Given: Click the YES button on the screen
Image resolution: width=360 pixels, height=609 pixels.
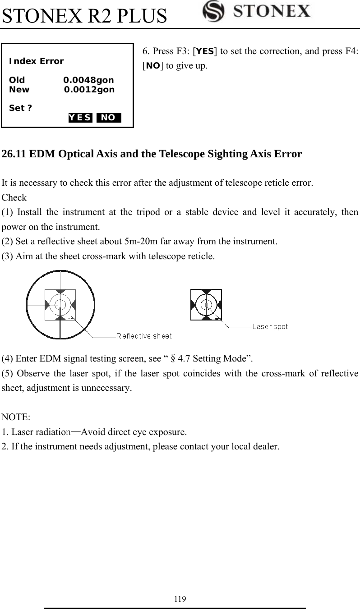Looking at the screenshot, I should [81, 118].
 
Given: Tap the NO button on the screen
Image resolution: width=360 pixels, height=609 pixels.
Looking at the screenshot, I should [108, 118].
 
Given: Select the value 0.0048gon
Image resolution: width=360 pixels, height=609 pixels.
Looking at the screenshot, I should [88, 81].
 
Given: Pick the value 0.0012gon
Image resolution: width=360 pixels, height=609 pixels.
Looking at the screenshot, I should [89, 90].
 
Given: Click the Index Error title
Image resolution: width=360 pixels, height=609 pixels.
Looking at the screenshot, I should [36, 61].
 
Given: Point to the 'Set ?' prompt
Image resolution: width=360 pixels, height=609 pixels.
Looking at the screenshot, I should [20, 108].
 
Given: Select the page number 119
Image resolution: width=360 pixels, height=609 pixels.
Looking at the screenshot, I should [180, 599].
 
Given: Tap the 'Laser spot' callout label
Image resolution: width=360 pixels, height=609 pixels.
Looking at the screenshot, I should [270, 326].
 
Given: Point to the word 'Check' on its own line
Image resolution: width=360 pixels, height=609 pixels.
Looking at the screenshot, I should [14, 197].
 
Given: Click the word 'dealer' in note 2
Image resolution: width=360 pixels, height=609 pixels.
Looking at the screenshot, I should [266, 447].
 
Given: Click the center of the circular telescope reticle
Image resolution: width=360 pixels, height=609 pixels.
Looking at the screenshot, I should [60, 305].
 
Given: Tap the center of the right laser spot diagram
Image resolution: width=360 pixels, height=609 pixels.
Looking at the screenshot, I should [206, 305].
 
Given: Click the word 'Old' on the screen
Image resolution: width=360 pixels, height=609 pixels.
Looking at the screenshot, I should [17, 81].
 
